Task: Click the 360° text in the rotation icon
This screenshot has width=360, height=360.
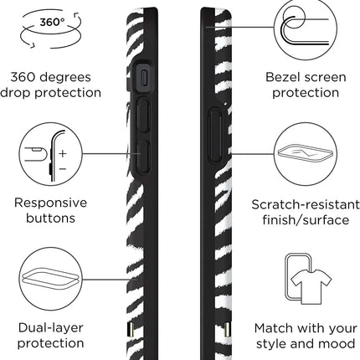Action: coord(52,23)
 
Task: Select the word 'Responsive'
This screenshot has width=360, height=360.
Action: coord(50,203)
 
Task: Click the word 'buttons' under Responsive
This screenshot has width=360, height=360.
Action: coord(50,218)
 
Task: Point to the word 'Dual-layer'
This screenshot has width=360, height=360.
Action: coord(50,328)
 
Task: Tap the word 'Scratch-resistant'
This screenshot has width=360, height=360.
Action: coord(306,205)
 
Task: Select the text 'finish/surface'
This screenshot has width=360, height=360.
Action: coord(306,220)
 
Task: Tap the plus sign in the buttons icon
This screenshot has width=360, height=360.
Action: coord(63,154)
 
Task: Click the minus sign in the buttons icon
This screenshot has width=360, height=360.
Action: coord(63,169)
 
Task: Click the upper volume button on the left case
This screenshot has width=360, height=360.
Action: coord(144,115)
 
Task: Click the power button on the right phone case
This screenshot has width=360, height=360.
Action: coord(215,136)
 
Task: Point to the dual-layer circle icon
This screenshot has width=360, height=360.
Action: coord(51,279)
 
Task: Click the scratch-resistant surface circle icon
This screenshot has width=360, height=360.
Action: coord(306,154)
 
